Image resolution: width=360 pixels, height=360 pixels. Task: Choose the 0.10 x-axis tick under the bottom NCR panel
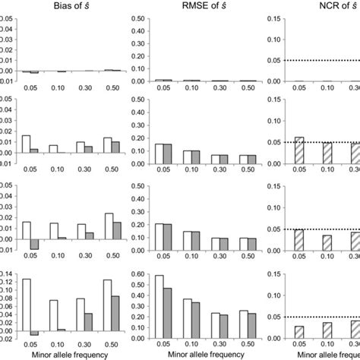327,343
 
